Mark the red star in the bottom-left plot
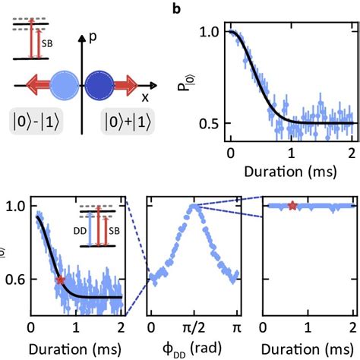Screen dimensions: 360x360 pos(60,280)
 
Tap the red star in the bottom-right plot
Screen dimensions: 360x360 pos(292,205)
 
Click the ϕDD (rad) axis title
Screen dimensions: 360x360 pos(194,348)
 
